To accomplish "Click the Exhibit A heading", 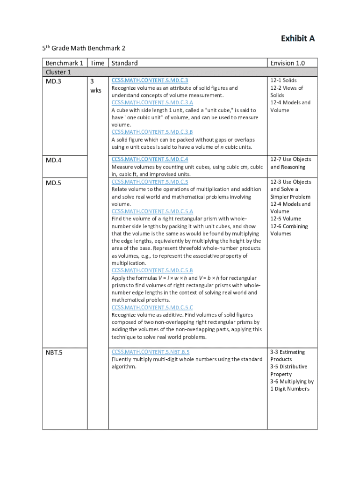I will pyautogui.click(x=297, y=38).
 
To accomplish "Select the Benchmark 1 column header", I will pyautogui.click(x=65, y=63).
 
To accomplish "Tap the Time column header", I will pyautogui.click(x=97, y=63).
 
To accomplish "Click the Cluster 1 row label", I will pyautogui.click(x=58, y=72).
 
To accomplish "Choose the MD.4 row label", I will pyautogui.click(x=54, y=160).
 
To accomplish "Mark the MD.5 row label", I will pyautogui.click(x=54, y=182).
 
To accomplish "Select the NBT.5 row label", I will pyautogui.click(x=55, y=352).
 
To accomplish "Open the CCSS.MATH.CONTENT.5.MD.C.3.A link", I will pyautogui.click(x=152, y=102).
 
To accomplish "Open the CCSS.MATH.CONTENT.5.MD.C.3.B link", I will pyautogui.click(x=152, y=132).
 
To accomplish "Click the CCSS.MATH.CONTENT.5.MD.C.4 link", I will pyautogui.click(x=150, y=159).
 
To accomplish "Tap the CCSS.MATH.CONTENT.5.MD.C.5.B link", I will pyautogui.click(x=152, y=270).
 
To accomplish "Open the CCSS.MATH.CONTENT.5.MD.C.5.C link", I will pyautogui.click(x=152, y=307).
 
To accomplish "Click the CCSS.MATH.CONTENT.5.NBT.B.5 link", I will pyautogui.click(x=151, y=352).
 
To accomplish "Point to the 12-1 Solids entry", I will pyautogui.click(x=283, y=80).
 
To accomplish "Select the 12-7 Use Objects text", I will pyautogui.click(x=290, y=160).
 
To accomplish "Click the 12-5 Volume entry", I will pyautogui.click(x=286, y=218).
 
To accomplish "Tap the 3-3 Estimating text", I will pyautogui.click(x=288, y=352).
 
